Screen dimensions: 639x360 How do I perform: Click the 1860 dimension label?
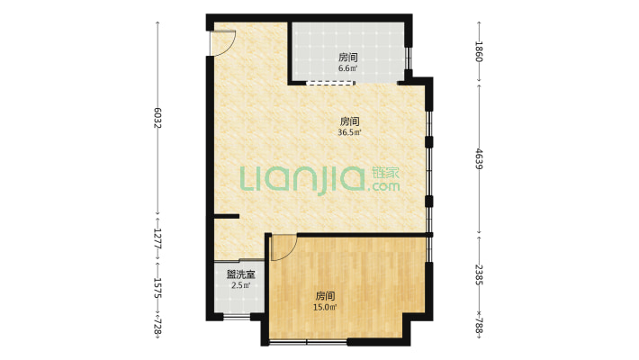479,51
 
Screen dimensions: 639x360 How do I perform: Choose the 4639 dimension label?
479,159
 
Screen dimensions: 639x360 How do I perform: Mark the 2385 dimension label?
479,274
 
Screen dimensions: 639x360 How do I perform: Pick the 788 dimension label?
479,326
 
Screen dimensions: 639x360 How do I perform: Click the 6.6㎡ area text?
348,68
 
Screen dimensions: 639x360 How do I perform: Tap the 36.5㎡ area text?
350,132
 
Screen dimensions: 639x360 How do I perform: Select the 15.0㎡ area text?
325,307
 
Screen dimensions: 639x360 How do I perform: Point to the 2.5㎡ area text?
241,285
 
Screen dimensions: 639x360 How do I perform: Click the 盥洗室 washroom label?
241,274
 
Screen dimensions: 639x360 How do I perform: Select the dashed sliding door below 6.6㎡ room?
330,83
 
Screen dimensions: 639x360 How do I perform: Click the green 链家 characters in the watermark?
385,173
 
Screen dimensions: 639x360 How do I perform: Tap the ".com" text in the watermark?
383,186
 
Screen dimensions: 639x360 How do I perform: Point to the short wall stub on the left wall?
227,216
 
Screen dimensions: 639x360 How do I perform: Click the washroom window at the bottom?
237,317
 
